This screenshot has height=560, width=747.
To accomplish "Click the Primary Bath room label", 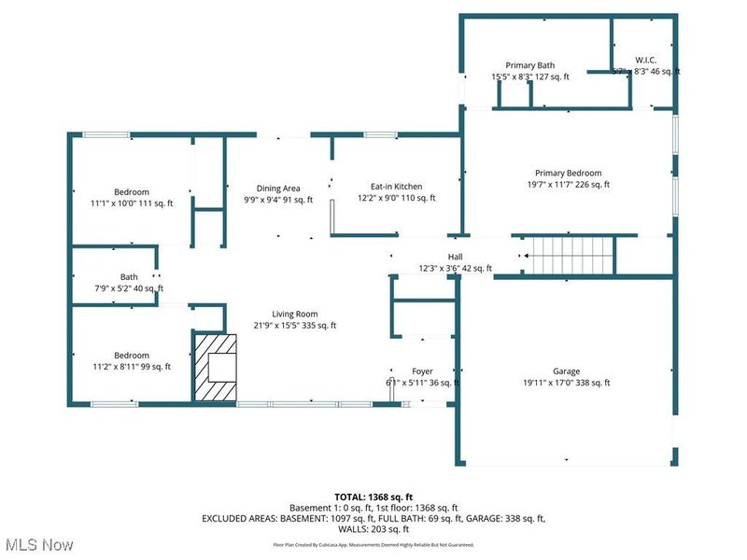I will click(529, 65).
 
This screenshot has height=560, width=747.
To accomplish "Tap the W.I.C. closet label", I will click(645, 59).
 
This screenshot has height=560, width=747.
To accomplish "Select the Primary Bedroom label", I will click(568, 173).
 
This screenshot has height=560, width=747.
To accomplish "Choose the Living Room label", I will click(295, 314).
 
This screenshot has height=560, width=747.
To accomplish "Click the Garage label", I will click(566, 371).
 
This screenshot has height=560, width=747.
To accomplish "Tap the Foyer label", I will click(422, 371).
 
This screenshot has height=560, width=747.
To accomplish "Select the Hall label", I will click(455, 257).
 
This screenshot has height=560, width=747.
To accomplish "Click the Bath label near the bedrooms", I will click(129, 277).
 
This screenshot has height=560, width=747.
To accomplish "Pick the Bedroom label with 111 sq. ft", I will click(132, 192).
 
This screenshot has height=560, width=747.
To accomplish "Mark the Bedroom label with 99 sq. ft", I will click(132, 355).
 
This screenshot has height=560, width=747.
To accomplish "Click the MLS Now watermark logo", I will click(38, 543).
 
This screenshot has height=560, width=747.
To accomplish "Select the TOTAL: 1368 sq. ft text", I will click(373, 496).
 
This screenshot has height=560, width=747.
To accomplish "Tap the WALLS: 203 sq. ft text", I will click(373, 529).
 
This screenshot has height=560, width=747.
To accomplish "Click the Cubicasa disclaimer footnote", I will click(373, 544).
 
